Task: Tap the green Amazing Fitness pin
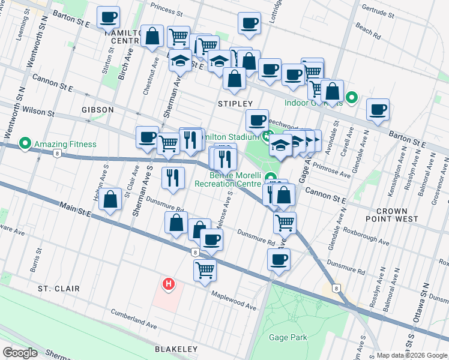tap(25, 144)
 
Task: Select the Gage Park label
tap(288, 337)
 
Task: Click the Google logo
tap(20, 352)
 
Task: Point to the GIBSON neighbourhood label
tap(97, 110)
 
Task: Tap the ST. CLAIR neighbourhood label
tap(58, 289)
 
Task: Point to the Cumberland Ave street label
tap(134, 319)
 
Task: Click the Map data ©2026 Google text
tap(411, 355)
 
